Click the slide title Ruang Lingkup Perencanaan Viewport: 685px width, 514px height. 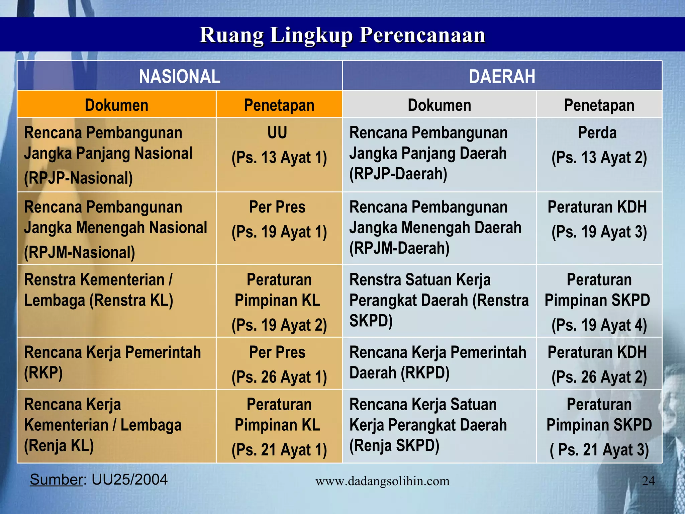click(x=342, y=35)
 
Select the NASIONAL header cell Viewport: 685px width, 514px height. click(x=180, y=76)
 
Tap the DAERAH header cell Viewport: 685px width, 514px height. click(x=502, y=76)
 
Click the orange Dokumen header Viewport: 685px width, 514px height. click(x=116, y=105)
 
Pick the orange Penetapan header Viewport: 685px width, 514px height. click(x=279, y=105)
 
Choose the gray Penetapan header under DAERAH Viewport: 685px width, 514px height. click(x=599, y=105)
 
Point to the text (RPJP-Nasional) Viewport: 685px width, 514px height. click(x=78, y=178)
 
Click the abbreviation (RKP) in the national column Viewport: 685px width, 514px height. click(x=43, y=372)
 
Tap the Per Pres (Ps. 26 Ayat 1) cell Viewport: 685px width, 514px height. click(x=279, y=364)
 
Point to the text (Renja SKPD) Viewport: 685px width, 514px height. click(x=394, y=445)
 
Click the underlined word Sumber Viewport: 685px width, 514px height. click(x=56, y=480)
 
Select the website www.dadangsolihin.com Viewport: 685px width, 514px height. click(x=382, y=481)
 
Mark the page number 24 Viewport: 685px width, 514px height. click(x=648, y=481)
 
